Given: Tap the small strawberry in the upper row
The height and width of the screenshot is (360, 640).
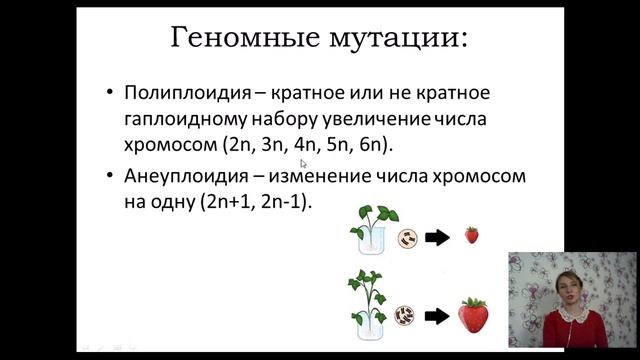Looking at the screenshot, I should point(471,236).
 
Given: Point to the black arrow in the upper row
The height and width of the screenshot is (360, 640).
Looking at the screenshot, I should point(436,238).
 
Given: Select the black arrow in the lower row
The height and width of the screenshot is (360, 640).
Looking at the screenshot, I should point(436,315).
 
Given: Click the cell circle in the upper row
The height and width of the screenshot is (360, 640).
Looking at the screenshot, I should point(406,238).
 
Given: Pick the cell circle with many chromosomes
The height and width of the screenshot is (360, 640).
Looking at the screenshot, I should point(406,315).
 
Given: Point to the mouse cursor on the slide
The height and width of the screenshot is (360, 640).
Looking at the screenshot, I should point(302,161).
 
